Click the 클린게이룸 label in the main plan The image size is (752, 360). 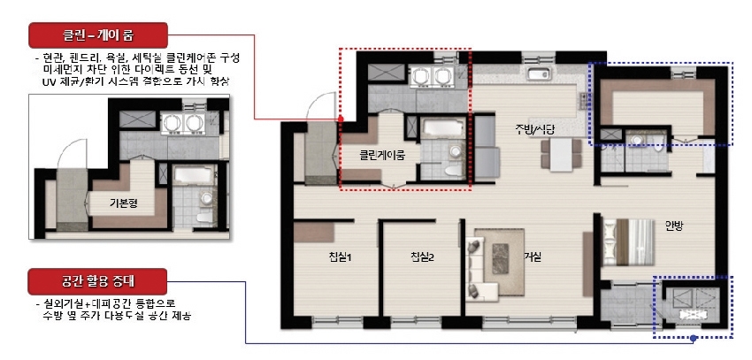pyautogui.click(x=380, y=155)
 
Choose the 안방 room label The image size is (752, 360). pyautogui.click(x=675, y=225)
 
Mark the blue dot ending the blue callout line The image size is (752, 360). pyautogui.click(x=695, y=338)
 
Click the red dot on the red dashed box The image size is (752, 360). pyautogui.click(x=341, y=119)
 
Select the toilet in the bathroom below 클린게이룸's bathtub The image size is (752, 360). pyautogui.click(x=451, y=171)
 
